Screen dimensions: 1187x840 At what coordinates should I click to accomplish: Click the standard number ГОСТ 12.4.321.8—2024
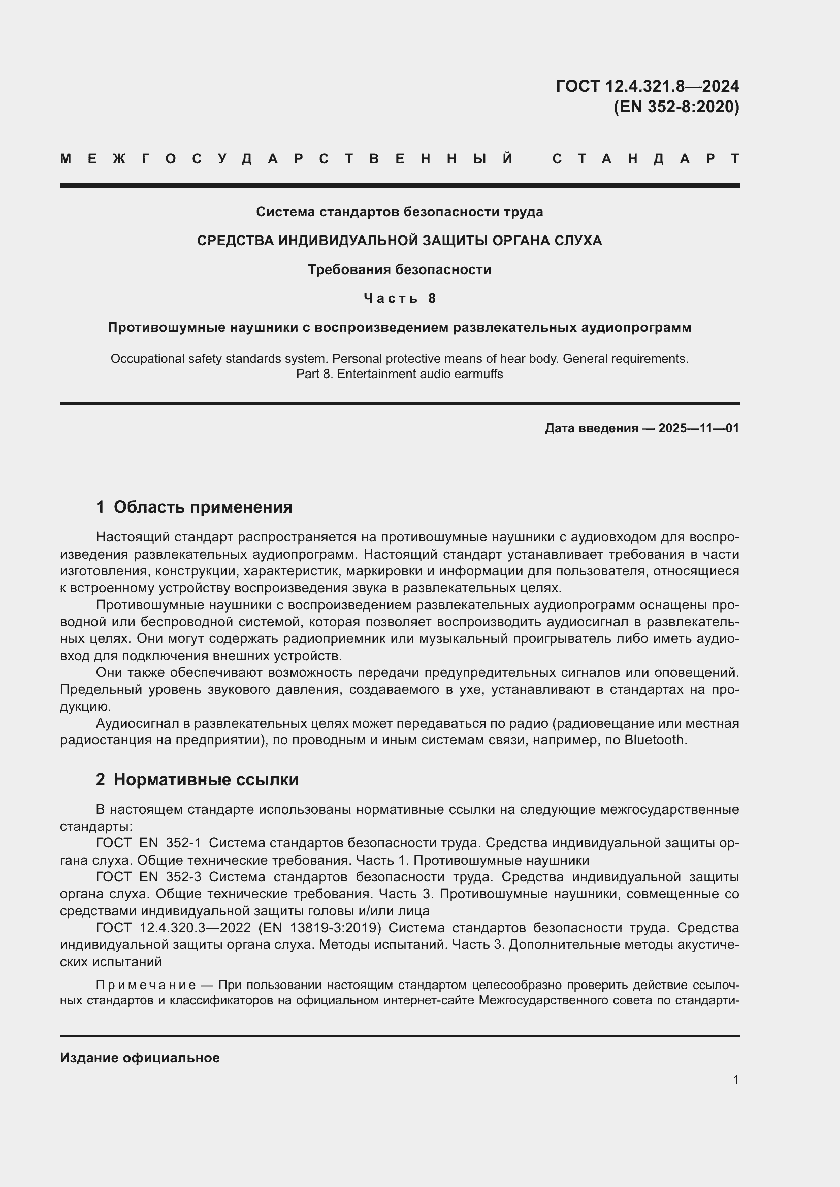click(x=647, y=86)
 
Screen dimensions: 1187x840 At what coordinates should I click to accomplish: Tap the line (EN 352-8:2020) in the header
click(x=676, y=107)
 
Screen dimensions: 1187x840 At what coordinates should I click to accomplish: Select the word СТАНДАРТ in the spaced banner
click(x=646, y=159)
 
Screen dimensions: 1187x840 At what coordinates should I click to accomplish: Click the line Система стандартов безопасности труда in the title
click(x=399, y=212)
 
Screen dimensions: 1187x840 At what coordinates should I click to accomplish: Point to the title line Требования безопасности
click(x=399, y=269)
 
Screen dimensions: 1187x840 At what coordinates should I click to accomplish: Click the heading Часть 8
click(x=399, y=298)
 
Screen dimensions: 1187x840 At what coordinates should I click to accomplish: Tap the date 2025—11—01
click(x=698, y=428)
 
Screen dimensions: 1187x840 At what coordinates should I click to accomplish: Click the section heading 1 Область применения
click(x=194, y=507)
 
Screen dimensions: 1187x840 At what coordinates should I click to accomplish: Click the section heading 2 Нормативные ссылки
click(x=197, y=779)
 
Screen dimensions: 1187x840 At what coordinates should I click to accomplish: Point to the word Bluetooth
click(x=654, y=740)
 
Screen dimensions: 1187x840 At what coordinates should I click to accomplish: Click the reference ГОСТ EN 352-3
click(x=148, y=877)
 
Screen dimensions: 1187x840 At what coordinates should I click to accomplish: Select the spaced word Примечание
click(x=145, y=985)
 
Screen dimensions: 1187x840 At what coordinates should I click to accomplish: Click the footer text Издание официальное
click(x=140, y=1058)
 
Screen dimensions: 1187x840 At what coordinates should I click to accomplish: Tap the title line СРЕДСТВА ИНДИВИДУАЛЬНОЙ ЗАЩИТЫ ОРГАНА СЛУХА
click(x=399, y=241)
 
